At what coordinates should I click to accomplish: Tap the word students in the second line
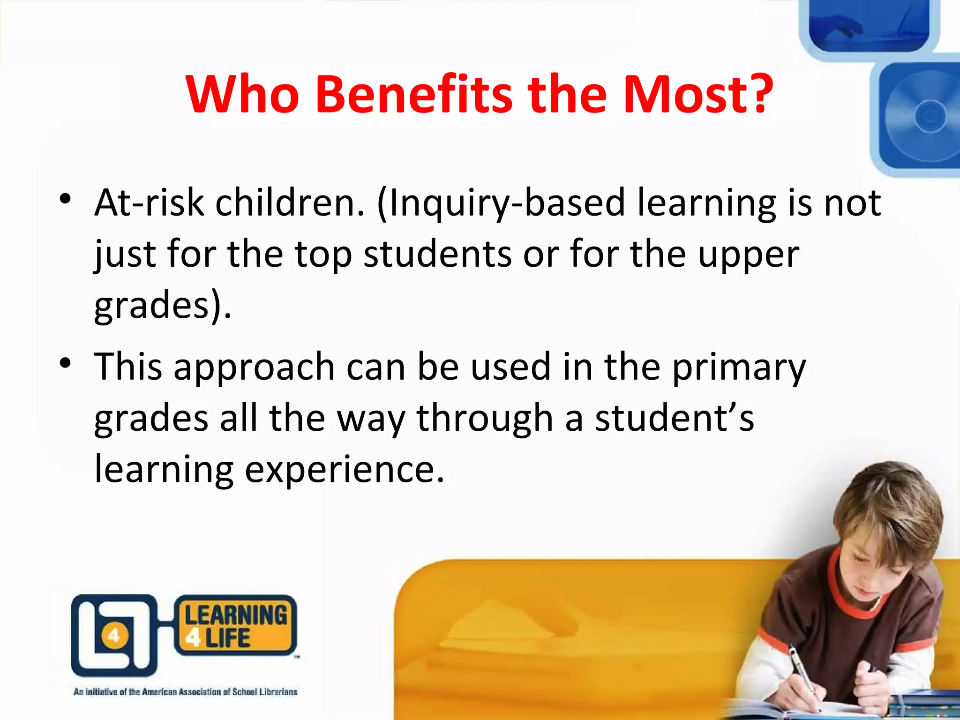click(437, 255)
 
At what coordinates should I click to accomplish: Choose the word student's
click(675, 418)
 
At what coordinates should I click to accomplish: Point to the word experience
click(344, 469)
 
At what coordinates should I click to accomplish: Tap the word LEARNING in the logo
click(236, 615)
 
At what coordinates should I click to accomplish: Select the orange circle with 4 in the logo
click(114, 636)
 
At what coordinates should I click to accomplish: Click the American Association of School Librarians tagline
click(185, 692)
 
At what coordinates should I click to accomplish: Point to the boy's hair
click(891, 506)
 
